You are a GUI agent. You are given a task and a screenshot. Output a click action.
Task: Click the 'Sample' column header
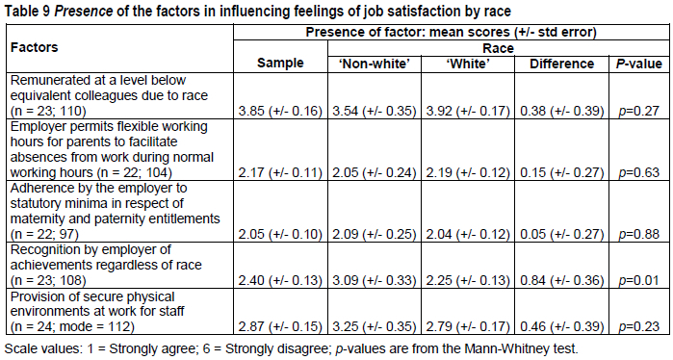[280, 64]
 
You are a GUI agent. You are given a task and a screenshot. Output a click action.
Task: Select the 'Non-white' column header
[375, 64]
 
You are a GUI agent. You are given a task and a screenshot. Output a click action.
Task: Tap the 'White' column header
[468, 64]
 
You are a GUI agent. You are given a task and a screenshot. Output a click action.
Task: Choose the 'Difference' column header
[561, 64]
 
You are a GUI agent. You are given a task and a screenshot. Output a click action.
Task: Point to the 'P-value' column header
[639, 64]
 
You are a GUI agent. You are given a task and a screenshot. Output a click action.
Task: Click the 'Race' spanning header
[499, 48]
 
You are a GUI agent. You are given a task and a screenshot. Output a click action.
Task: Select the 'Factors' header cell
[35, 47]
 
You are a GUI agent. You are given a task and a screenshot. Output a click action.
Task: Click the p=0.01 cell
[638, 281]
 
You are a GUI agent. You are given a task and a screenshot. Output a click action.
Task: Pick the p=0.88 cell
[638, 234]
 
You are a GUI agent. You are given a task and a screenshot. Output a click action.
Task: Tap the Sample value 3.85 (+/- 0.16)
[280, 111]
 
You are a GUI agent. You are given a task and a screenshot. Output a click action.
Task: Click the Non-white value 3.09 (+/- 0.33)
[375, 281]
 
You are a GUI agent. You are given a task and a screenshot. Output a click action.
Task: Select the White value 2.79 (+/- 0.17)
[468, 327]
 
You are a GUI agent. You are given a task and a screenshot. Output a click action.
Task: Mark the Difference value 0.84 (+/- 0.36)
[562, 281]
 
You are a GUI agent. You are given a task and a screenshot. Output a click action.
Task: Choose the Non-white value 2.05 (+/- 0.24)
[375, 172]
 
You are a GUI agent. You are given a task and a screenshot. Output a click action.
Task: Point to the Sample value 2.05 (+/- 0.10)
[280, 234]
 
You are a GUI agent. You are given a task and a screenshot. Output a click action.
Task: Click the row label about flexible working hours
[112, 150]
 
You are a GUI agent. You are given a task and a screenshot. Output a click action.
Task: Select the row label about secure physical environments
[97, 312]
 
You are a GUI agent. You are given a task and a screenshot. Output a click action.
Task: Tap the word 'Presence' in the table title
[83, 12]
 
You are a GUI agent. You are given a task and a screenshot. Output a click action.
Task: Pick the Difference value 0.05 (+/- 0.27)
[562, 234]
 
